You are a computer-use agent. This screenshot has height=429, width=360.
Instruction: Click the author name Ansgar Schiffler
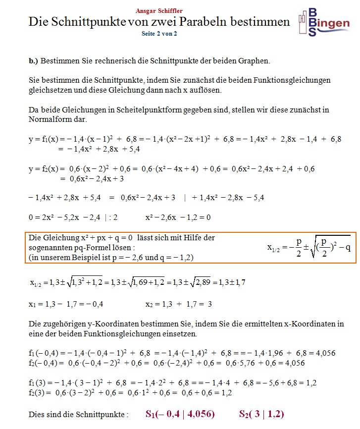tap(159, 10)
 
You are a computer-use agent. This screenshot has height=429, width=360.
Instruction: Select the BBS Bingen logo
tap(324, 22)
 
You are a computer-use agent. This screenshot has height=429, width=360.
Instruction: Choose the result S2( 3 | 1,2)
tap(261, 414)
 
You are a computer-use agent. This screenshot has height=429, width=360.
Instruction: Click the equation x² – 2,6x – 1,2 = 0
tap(178, 217)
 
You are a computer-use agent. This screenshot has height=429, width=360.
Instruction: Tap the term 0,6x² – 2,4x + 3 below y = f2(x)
tap(92, 178)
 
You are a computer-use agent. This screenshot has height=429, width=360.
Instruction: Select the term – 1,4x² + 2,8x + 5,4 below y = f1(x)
tap(99, 149)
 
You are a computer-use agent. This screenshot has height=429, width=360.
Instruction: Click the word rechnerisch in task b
tap(122, 61)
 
